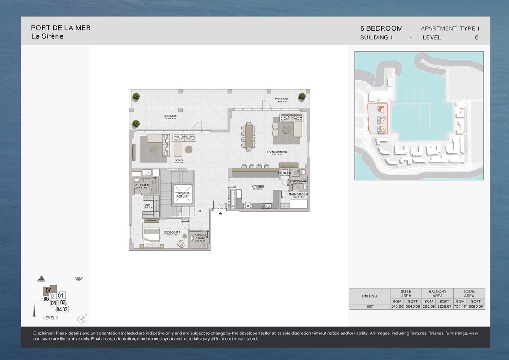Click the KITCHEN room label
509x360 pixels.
click(x=258, y=186)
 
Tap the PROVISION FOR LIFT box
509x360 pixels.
click(x=183, y=194)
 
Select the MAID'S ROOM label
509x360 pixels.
click(x=298, y=195)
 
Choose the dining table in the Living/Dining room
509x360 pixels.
click(x=248, y=136)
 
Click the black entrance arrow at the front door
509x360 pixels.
click(x=220, y=214)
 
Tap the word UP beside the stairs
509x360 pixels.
click(x=199, y=211)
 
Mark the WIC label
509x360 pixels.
click(x=147, y=205)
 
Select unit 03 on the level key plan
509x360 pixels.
click(x=65, y=309)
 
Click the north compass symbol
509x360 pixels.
click(x=81, y=319)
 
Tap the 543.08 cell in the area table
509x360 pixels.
click(x=397, y=306)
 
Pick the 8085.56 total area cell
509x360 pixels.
click(x=476, y=306)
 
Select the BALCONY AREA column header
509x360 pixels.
click(x=437, y=293)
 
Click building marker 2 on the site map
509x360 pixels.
click(x=383, y=121)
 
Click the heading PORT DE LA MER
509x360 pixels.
click(x=61, y=28)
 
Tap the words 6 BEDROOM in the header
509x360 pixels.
click(x=381, y=28)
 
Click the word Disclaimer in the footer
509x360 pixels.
click(x=44, y=333)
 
